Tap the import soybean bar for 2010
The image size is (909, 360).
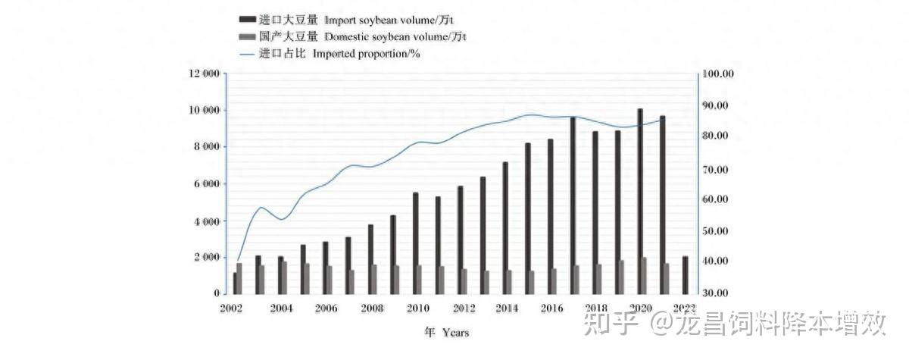pos(415,243)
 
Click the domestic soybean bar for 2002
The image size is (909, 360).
pos(240,278)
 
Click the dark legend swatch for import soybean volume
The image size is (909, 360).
pos(245,19)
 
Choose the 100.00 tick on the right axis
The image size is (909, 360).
pos(718,74)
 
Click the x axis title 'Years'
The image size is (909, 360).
pos(456,332)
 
